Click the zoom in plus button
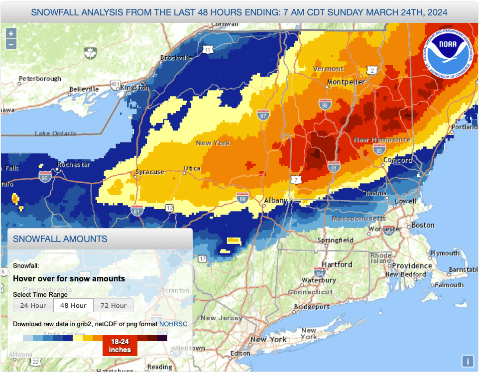(x=11, y=33)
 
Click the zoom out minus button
(x=11, y=44)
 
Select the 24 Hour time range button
(x=33, y=305)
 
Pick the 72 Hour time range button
(x=114, y=305)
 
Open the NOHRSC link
(x=173, y=324)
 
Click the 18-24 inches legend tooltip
(x=120, y=346)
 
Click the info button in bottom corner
(x=467, y=361)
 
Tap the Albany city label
(x=275, y=201)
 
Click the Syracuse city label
(x=150, y=172)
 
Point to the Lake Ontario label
(x=55, y=133)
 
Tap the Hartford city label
(x=337, y=264)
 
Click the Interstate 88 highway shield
(x=242, y=197)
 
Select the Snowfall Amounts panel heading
(x=60, y=239)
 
